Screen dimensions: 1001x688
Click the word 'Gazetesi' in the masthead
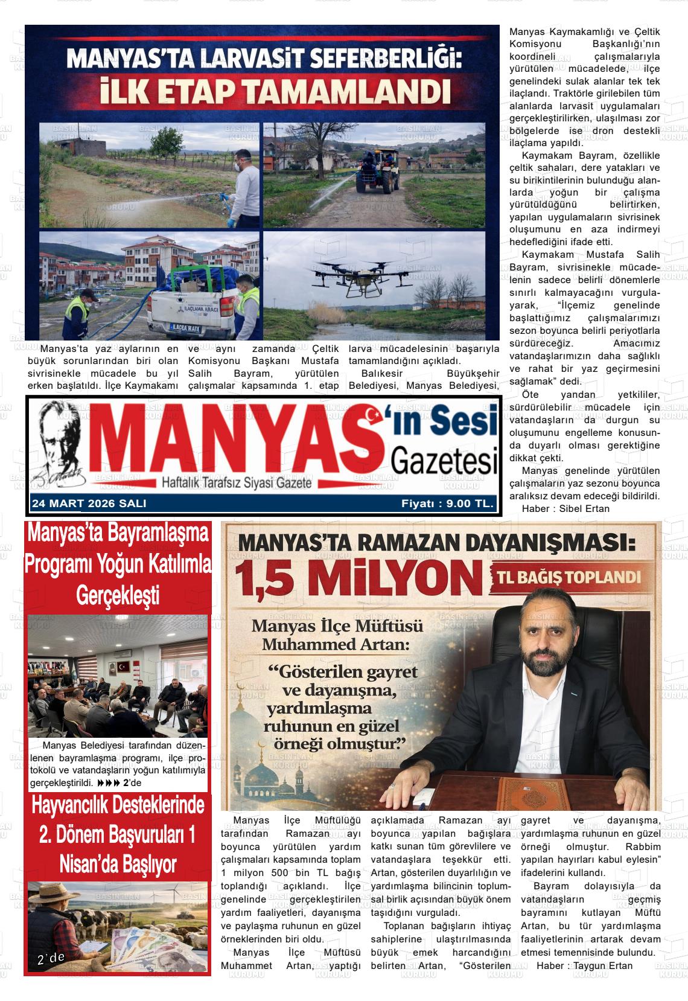[x=444, y=461]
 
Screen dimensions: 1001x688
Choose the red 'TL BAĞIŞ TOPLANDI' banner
[x=569, y=577]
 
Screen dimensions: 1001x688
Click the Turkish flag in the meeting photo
[x=124, y=667]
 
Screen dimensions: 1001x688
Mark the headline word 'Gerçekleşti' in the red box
[x=118, y=596]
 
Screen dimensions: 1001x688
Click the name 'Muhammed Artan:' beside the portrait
[x=335, y=644]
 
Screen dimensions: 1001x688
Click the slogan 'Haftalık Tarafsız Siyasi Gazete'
[x=236, y=483]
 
